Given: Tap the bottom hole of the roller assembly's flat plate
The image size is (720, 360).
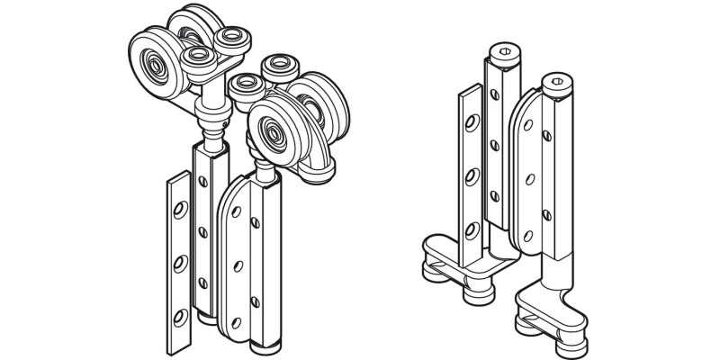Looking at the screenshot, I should pyautogui.click(x=177, y=316).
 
